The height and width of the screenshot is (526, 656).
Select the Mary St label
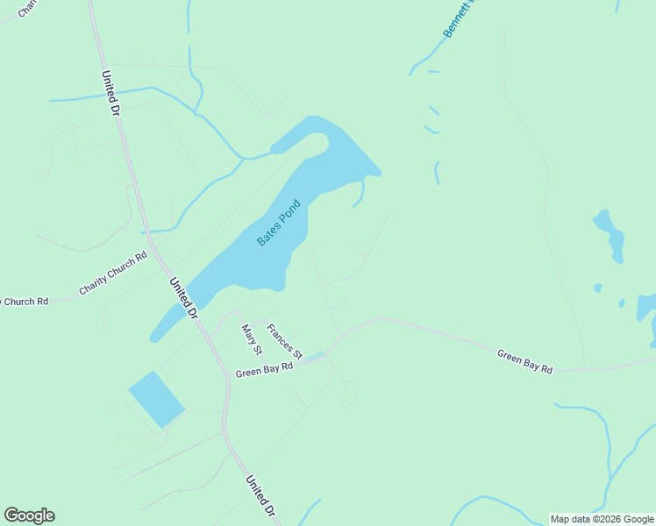click(x=252, y=339)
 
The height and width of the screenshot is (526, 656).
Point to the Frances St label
click(x=284, y=342)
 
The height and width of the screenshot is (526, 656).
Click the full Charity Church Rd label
click(x=113, y=274)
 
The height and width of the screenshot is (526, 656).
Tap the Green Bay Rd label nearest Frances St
click(x=263, y=371)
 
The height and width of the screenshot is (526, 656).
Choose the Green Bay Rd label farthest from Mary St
click(x=524, y=362)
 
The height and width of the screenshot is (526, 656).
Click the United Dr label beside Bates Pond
click(x=184, y=298)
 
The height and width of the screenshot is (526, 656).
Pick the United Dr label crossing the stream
click(x=110, y=94)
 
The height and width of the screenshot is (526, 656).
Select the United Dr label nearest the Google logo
click(x=260, y=496)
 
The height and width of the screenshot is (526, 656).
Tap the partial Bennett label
click(x=458, y=18)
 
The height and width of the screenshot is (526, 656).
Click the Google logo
click(x=29, y=515)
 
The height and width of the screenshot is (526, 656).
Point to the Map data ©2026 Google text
click(x=603, y=519)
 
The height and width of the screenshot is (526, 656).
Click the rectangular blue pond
click(x=156, y=399)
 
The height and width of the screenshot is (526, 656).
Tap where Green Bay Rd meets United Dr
click(x=225, y=378)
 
